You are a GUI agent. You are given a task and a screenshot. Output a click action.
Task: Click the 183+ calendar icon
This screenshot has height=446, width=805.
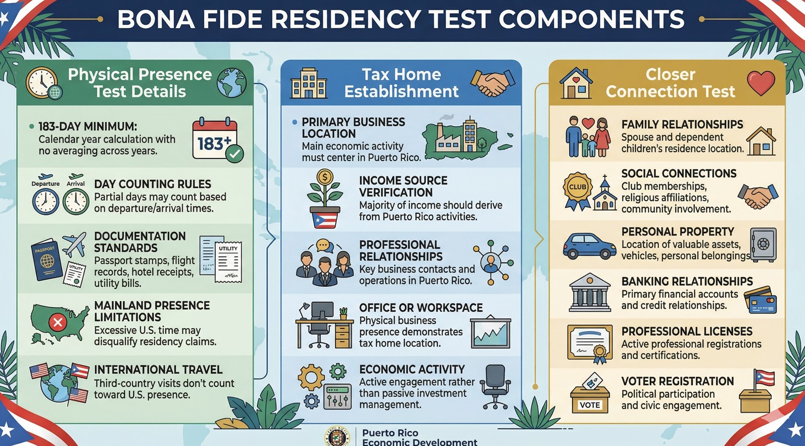216,139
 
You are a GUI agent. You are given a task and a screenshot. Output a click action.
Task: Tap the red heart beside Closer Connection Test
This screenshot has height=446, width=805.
761,83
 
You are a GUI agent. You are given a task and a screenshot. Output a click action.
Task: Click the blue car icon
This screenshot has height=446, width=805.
589,246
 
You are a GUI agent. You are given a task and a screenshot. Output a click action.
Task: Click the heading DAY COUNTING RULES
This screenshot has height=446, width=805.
153,184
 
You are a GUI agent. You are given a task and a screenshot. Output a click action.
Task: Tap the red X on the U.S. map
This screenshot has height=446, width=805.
58,322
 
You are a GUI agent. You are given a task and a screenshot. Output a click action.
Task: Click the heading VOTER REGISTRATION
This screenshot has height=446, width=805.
677,381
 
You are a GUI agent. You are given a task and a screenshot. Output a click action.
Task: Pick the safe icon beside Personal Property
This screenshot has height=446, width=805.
763,244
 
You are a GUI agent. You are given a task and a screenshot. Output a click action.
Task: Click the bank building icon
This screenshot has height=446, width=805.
589,293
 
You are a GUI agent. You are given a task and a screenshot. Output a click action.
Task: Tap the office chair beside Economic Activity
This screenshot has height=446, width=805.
495,386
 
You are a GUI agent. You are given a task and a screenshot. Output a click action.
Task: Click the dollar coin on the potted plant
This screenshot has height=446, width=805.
324,177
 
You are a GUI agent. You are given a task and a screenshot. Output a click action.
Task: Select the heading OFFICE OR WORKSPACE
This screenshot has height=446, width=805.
421,308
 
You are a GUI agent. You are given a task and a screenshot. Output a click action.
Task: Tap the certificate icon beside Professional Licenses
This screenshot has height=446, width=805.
590,343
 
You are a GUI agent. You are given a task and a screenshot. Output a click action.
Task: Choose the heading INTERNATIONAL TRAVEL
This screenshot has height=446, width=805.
158,370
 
